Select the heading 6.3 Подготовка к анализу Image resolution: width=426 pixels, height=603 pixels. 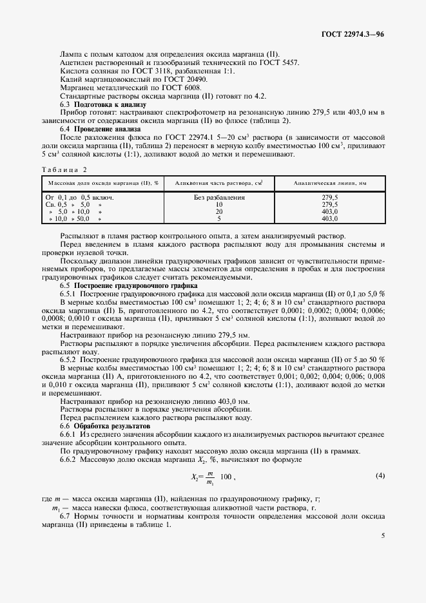coord(103,104)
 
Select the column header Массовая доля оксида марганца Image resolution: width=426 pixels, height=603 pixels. coord(104,183)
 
